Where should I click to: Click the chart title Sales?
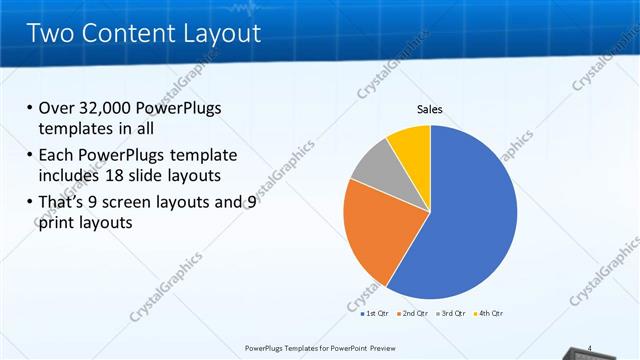pyautogui.click(x=430, y=109)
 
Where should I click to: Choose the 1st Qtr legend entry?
pyautogui.click(x=376, y=314)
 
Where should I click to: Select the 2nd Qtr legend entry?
pyautogui.click(x=414, y=314)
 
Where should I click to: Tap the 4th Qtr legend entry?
pyautogui.click(x=490, y=314)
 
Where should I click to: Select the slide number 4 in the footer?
pyautogui.click(x=591, y=348)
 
